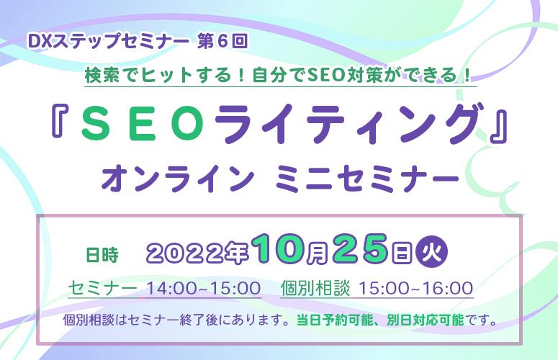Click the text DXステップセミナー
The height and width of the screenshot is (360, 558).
click(x=108, y=42)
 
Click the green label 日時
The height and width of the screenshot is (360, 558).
click(x=102, y=255)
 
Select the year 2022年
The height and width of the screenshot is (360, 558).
click(x=197, y=254)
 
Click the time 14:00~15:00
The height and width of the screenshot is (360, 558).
click(x=204, y=288)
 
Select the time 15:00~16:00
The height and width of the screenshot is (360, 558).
click(x=415, y=288)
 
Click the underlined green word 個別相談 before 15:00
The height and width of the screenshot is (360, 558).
click(x=315, y=288)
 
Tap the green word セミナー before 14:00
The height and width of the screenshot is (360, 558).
click(x=102, y=288)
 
